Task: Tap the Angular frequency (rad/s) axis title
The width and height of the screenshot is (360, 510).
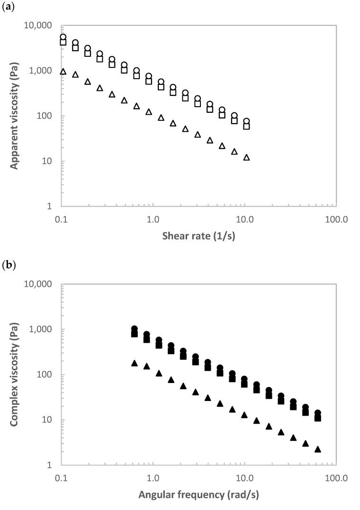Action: [198, 496]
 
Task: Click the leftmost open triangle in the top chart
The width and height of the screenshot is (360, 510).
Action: [63, 72]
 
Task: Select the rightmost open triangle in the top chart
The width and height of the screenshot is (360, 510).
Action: [246, 157]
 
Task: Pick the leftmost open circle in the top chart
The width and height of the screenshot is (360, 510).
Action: [63, 37]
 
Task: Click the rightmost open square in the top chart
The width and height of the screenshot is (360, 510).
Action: [246, 127]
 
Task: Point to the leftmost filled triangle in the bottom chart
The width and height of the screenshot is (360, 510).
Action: [135, 363]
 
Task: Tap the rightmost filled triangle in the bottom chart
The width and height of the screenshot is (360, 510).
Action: [318, 449]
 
